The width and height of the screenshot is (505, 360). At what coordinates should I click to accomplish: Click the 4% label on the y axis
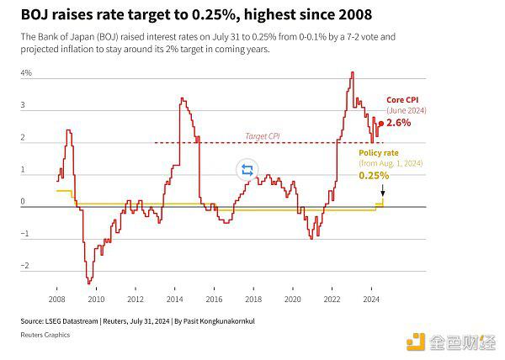click(x=26, y=74)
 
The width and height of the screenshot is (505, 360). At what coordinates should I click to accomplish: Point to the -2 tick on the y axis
click(x=25, y=267)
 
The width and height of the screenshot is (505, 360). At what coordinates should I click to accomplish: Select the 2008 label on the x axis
click(x=57, y=299)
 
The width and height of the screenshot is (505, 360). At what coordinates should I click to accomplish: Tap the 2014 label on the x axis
click(x=175, y=299)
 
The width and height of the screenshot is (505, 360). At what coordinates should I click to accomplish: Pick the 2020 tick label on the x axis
click(x=293, y=299)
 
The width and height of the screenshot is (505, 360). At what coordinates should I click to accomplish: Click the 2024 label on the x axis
click(x=371, y=299)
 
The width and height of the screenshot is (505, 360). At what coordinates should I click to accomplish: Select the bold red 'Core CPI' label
click(x=403, y=99)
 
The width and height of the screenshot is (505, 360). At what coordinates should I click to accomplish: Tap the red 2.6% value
click(x=399, y=123)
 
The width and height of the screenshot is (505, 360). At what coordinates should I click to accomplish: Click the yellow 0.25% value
click(x=374, y=176)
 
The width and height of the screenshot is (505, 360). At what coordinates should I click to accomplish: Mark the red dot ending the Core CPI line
click(x=379, y=123)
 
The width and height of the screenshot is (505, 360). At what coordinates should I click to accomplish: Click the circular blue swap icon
click(x=247, y=170)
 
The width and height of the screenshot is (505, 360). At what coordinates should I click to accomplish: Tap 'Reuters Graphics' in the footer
click(x=45, y=335)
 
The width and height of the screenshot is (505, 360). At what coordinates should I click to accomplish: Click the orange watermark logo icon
click(x=417, y=341)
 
